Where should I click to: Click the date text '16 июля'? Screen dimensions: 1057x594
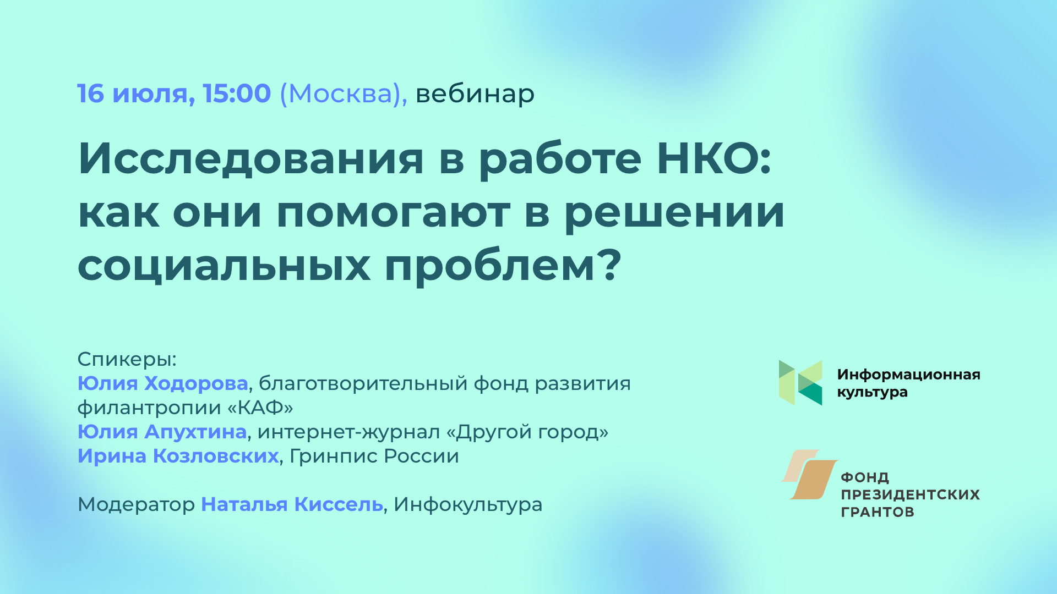pos(135,94)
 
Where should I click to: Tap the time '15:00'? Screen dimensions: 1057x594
pos(237,94)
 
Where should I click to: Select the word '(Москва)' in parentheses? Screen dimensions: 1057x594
pos(342,94)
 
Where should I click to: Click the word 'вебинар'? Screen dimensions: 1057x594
pos(475,94)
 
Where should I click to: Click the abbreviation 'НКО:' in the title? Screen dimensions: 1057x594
pos(714,158)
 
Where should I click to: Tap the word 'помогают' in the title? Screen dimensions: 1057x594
pos(393,213)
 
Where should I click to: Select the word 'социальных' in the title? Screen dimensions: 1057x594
pos(224,266)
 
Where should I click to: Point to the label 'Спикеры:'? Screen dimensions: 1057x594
pos(127,360)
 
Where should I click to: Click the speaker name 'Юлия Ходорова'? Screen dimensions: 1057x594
pos(162,383)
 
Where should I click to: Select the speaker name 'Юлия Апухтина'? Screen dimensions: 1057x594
pos(162,432)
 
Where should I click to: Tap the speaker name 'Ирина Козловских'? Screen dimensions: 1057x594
pos(178,457)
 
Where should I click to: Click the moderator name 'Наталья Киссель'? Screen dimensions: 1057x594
pos(292,504)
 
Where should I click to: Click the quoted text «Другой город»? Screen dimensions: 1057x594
pos(527,432)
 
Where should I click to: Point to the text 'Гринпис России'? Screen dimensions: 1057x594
pos(374,457)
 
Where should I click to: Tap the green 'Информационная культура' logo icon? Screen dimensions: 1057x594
pos(800,383)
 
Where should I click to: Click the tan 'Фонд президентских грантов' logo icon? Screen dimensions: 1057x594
pos(809,474)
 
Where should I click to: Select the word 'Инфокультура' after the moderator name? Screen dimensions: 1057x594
pos(468,505)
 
